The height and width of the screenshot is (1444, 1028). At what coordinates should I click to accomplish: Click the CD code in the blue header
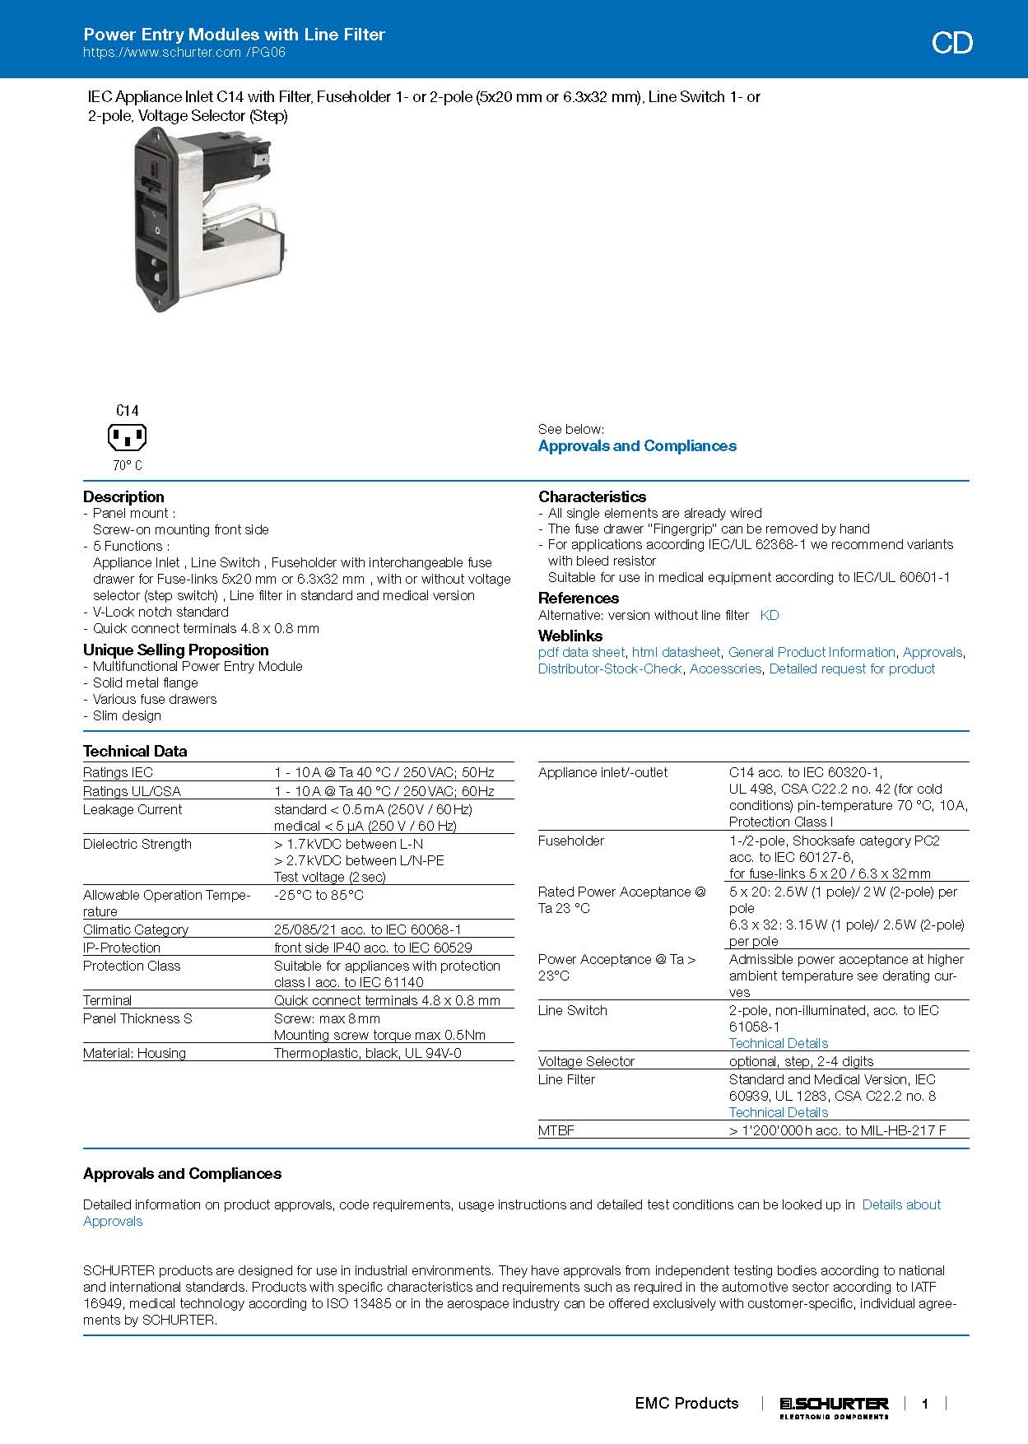(x=951, y=43)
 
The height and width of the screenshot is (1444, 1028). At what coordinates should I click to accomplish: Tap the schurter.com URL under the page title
(x=184, y=53)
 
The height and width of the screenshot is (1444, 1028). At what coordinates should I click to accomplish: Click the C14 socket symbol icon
(x=127, y=437)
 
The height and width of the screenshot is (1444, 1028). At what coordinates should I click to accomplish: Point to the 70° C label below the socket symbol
(x=128, y=466)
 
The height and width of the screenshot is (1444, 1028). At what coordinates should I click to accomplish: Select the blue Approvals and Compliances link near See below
(x=637, y=446)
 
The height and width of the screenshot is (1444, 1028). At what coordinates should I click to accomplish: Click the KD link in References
(x=769, y=615)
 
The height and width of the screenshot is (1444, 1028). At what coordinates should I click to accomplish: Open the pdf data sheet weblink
(x=581, y=652)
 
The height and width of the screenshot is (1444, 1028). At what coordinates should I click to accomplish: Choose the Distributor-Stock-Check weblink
(x=610, y=668)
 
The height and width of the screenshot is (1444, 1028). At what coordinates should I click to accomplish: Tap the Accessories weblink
(x=725, y=668)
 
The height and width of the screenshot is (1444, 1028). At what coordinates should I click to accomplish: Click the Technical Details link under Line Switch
(x=778, y=1043)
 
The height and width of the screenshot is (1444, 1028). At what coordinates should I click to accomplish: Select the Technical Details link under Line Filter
(x=778, y=1112)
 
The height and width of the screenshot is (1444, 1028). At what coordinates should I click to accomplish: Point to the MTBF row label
(x=556, y=1130)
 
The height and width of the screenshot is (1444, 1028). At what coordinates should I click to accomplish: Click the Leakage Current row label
(x=133, y=809)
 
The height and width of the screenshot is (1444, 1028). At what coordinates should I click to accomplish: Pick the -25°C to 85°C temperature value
(x=319, y=895)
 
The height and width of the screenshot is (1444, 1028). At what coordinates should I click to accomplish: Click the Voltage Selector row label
(x=586, y=1061)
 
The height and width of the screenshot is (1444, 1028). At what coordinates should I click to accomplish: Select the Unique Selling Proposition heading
(x=176, y=650)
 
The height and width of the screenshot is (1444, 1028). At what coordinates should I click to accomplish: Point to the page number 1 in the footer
(x=925, y=1404)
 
